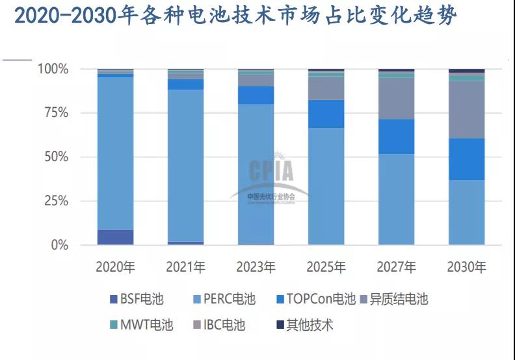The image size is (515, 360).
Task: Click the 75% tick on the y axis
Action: click(x=56, y=113)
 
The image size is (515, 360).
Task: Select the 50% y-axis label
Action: click(x=56, y=157)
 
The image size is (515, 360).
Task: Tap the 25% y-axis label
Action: click(x=56, y=201)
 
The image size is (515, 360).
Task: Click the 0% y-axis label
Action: click(x=60, y=246)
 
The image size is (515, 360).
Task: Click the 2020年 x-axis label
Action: click(x=115, y=267)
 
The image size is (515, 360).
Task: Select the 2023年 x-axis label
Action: click(x=256, y=267)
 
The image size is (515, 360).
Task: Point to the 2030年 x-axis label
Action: click(x=466, y=267)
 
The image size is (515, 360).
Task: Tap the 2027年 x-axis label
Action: click(x=396, y=267)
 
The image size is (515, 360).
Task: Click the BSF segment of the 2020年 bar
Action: click(x=115, y=237)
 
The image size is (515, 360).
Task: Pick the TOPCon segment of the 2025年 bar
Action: click(x=326, y=114)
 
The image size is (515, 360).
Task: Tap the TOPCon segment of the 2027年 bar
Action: click(x=396, y=136)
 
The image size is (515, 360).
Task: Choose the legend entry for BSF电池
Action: click(x=136, y=300)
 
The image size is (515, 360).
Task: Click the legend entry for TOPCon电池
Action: click(x=309, y=300)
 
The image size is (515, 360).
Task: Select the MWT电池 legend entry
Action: click(x=140, y=325)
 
